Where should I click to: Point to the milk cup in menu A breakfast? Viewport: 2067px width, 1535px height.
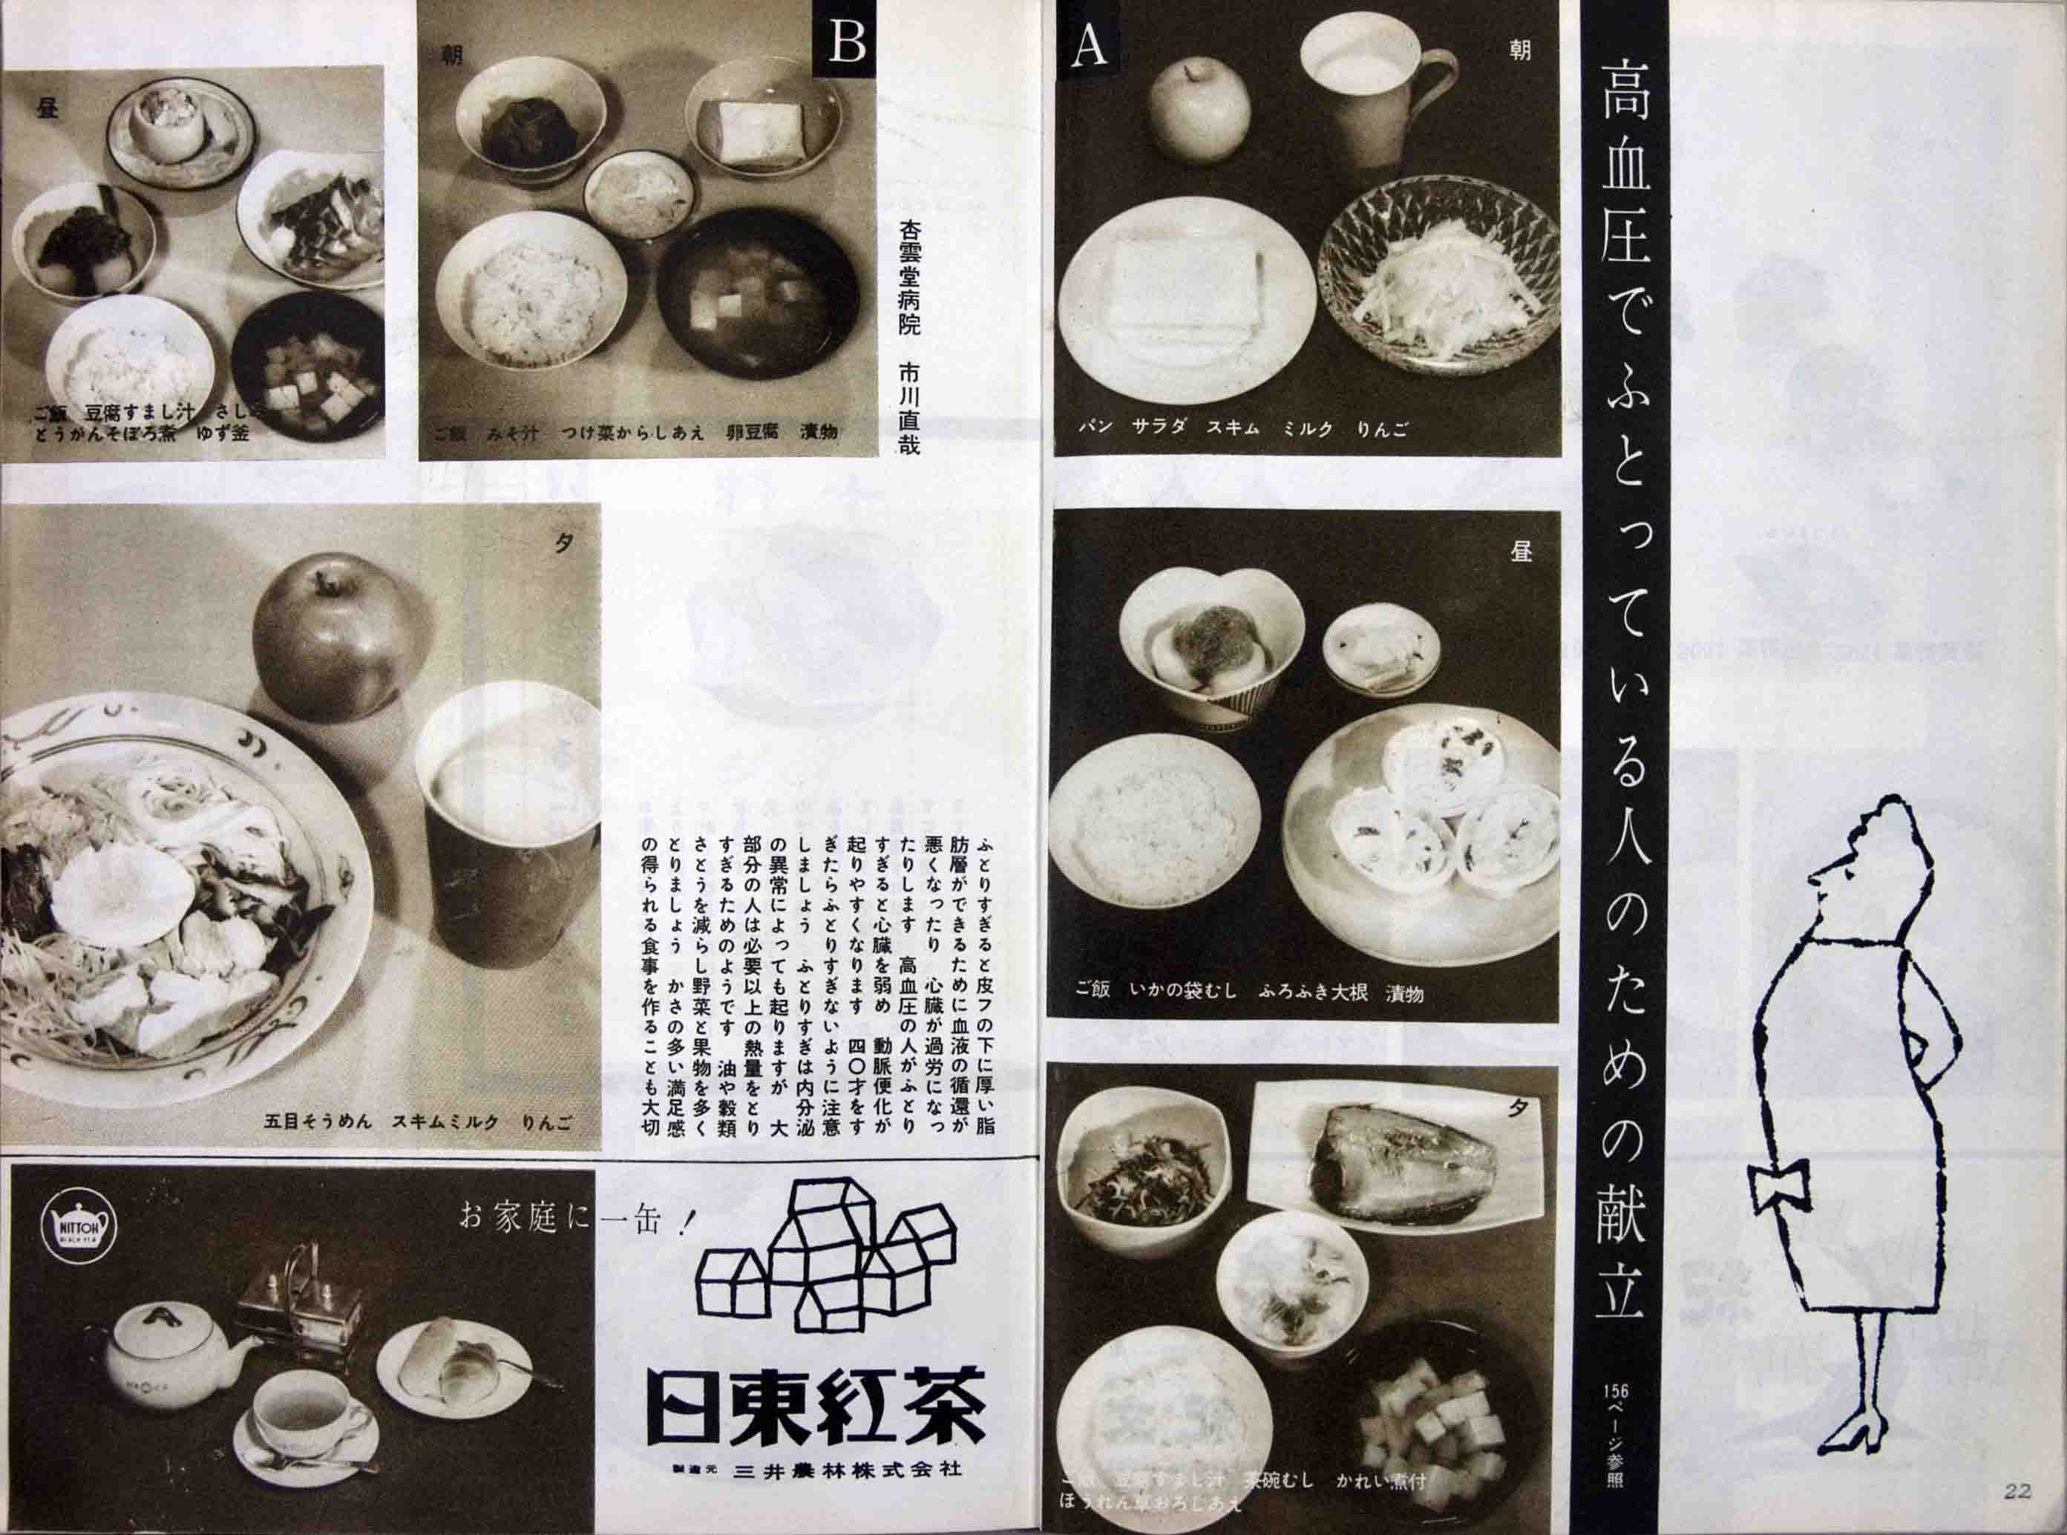click(1360, 89)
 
